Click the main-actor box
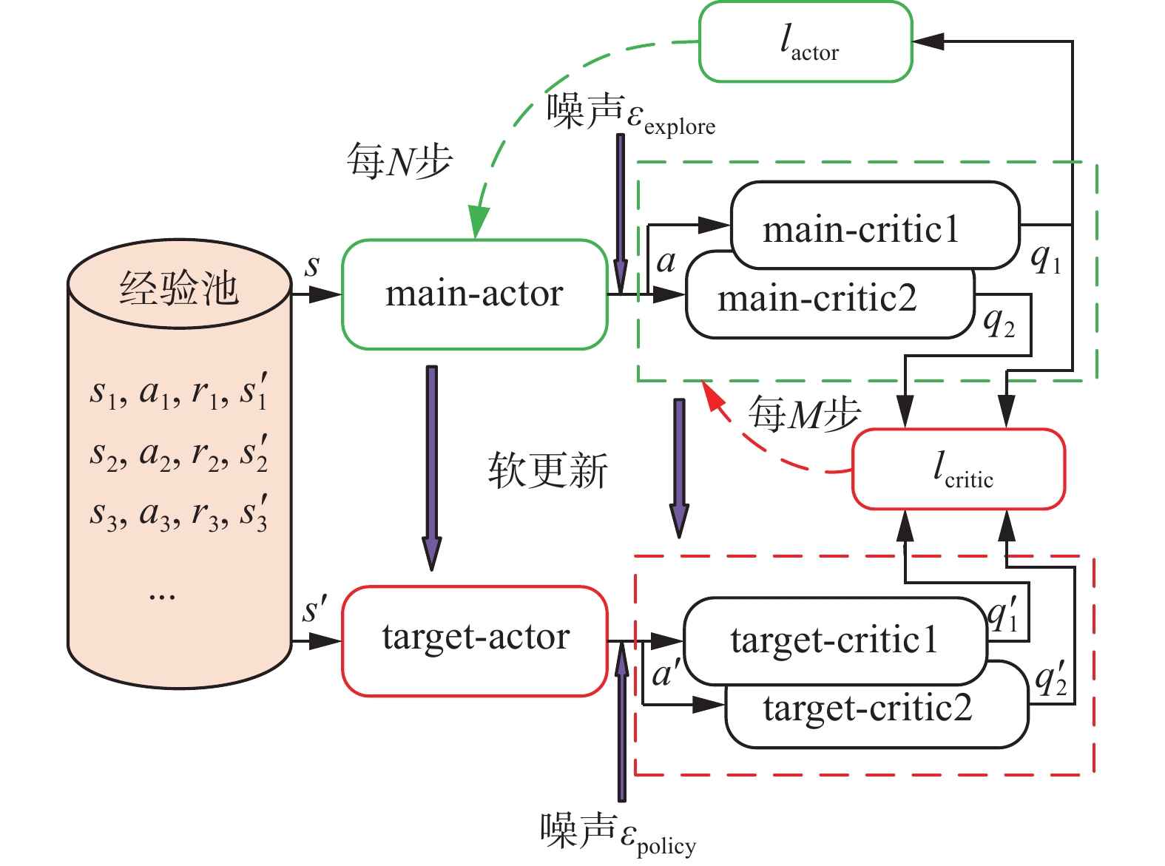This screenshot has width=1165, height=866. pyautogui.click(x=474, y=294)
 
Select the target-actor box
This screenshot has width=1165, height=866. pyautogui.click(x=474, y=640)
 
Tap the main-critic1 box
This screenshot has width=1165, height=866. pyautogui.click(x=875, y=225)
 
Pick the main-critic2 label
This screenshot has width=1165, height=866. pyautogui.click(x=817, y=300)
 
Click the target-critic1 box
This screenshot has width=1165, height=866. pyautogui.click(x=834, y=640)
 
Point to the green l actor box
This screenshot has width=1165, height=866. pyautogui.click(x=806, y=42)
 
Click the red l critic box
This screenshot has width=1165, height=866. pyautogui.click(x=959, y=470)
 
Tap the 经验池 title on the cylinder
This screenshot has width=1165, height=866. pyautogui.click(x=179, y=287)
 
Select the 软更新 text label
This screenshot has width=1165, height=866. pyautogui.click(x=547, y=470)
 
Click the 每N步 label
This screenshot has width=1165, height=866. pyautogui.click(x=399, y=160)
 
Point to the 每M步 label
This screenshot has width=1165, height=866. pyautogui.click(x=803, y=414)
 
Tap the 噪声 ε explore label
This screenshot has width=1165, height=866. pyautogui.click(x=630, y=115)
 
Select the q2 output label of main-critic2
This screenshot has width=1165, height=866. pyautogui.click(x=999, y=322)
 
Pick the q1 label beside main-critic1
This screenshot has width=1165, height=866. pyautogui.click(x=1046, y=258)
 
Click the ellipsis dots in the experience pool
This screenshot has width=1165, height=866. pyautogui.click(x=162, y=595)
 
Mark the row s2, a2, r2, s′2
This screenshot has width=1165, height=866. pyautogui.click(x=178, y=453)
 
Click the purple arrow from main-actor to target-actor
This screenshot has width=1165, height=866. pyautogui.click(x=431, y=466)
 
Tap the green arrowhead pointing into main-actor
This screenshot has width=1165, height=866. pyautogui.click(x=478, y=223)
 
